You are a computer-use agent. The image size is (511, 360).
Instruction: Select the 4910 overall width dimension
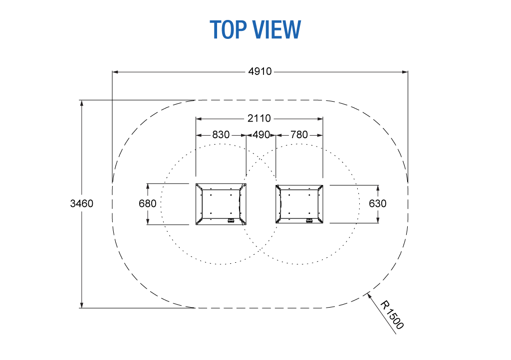pyautogui.click(x=259, y=72)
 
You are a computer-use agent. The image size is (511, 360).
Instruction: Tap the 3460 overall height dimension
pyautogui.click(x=82, y=203)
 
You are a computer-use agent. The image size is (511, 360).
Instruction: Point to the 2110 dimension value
pyautogui.click(x=259, y=119)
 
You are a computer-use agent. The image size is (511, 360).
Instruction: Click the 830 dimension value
pyautogui.click(x=221, y=135)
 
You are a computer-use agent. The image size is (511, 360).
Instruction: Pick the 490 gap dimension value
pyautogui.click(x=261, y=135)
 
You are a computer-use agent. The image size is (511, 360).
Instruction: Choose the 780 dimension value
pyautogui.click(x=299, y=135)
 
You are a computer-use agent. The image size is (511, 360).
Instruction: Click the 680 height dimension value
pyautogui.click(x=148, y=203)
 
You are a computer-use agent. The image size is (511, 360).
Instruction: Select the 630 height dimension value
pyautogui.click(x=378, y=203)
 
